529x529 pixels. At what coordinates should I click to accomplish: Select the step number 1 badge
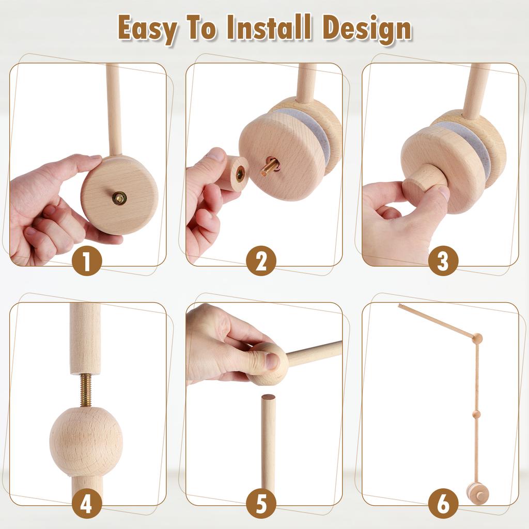86,261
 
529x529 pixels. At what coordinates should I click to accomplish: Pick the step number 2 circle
261,261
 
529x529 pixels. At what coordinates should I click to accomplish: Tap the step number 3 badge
443,261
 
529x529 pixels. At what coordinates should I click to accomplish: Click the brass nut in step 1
119,198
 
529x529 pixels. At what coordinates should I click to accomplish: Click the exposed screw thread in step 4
86,390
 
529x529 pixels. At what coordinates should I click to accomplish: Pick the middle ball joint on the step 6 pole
477,414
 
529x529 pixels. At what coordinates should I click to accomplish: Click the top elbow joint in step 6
477,338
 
